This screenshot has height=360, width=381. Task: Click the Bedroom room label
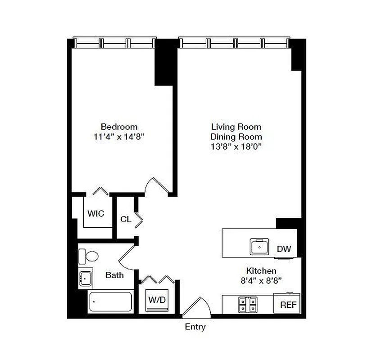point(119,126)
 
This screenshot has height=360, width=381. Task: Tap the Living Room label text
point(236,126)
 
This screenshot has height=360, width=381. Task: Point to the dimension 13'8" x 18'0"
point(236,146)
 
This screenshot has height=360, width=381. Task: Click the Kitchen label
point(261,271)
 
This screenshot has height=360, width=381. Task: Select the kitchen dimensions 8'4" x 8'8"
point(261,280)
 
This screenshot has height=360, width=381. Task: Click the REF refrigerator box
point(288,305)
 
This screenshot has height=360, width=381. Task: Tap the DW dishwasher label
point(284,249)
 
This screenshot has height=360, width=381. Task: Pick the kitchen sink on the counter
point(260,247)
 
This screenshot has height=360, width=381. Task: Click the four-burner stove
point(248,305)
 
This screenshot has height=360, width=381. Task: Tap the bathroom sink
point(85,278)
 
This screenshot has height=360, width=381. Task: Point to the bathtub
point(110,302)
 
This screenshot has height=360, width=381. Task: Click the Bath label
point(114,275)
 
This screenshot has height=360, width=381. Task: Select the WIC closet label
point(95,214)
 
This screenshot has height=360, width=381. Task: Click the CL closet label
point(126,220)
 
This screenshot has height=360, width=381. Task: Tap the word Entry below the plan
point(195,327)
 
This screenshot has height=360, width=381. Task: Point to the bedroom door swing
point(158,185)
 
